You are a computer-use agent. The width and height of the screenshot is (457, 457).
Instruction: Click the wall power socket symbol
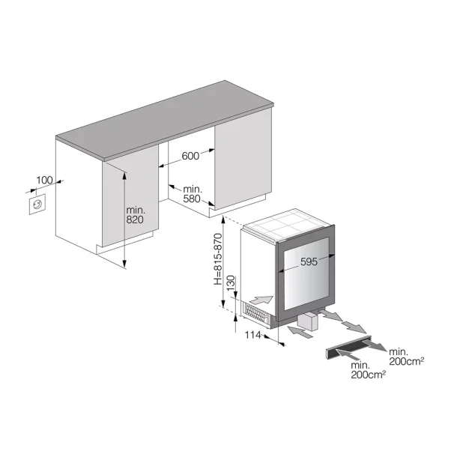(36, 205)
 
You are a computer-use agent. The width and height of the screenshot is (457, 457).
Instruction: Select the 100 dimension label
(44, 181)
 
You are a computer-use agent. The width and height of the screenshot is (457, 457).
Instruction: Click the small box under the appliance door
(307, 321)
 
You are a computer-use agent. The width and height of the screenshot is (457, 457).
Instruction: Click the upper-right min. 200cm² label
(408, 356)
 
